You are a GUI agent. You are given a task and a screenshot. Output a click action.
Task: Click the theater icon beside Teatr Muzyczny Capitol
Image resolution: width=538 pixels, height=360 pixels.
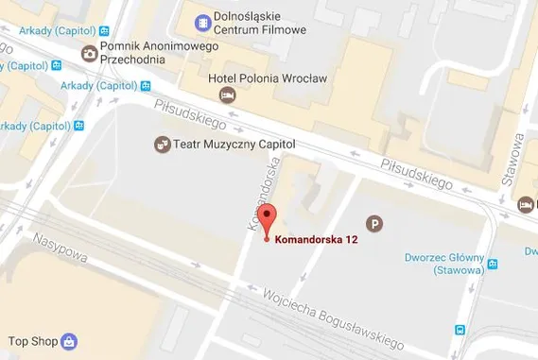tap(162, 145)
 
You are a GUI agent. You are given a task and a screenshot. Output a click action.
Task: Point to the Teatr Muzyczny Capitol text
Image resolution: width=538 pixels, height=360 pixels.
tap(235, 145)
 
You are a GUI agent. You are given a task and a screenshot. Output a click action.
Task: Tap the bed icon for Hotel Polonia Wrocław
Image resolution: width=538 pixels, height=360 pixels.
tap(226, 94)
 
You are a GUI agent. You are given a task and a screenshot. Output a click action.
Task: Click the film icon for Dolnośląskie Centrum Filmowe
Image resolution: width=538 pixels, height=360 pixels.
tap(202, 22)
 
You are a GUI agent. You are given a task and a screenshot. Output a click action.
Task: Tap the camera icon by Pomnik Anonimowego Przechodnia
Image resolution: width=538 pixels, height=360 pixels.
tap(89, 53)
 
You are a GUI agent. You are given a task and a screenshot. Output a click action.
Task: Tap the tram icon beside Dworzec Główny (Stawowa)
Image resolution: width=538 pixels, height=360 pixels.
tap(493, 265)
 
